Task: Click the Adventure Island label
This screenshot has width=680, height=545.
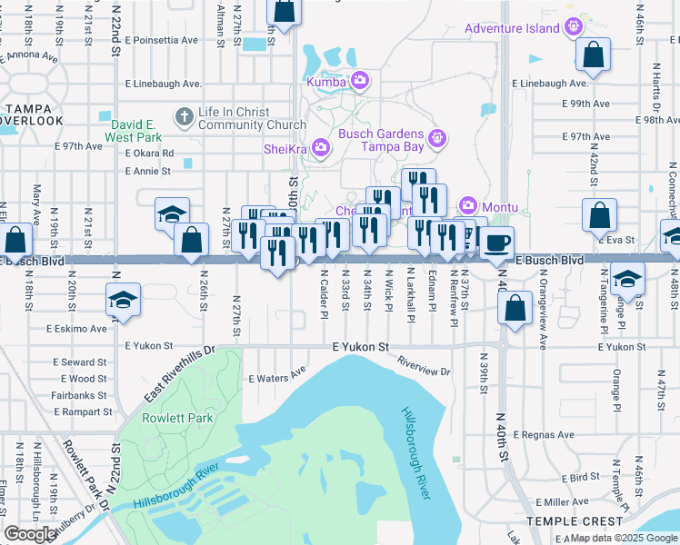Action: click(512, 28)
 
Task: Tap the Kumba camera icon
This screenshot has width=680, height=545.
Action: click(360, 82)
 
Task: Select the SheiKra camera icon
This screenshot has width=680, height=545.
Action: click(320, 147)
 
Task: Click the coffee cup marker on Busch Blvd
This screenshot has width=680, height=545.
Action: click(496, 243)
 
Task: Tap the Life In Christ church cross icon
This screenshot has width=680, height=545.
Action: click(185, 116)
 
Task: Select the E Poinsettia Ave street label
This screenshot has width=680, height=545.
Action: click(163, 40)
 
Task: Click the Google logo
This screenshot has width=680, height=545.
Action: click(29, 534)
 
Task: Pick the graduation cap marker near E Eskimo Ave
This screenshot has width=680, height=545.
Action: click(122, 301)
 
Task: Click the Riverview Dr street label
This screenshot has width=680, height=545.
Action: click(424, 365)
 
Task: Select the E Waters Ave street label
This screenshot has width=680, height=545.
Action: click(277, 377)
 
